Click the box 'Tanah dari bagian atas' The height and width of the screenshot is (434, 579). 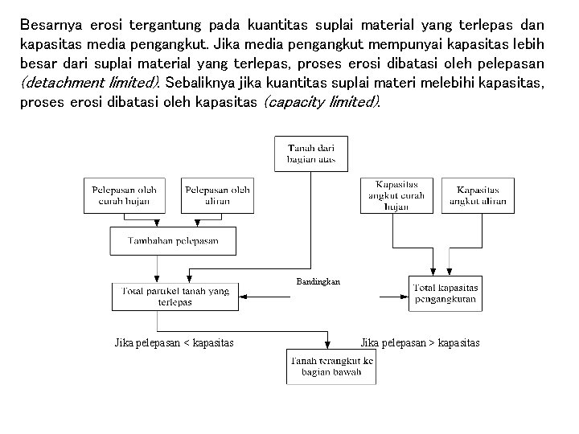tap(311, 154)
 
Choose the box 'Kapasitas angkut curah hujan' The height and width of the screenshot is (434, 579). tap(396, 195)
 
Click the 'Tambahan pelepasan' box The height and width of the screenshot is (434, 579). tap(174, 240)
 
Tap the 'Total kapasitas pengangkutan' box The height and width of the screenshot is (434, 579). tap(445, 293)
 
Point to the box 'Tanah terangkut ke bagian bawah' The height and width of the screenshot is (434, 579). tap(330, 366)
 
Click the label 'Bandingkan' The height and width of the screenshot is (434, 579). tap(318, 282)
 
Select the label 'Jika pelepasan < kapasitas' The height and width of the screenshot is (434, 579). tap(174, 343)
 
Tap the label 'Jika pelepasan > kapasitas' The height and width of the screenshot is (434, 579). tap(420, 343)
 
